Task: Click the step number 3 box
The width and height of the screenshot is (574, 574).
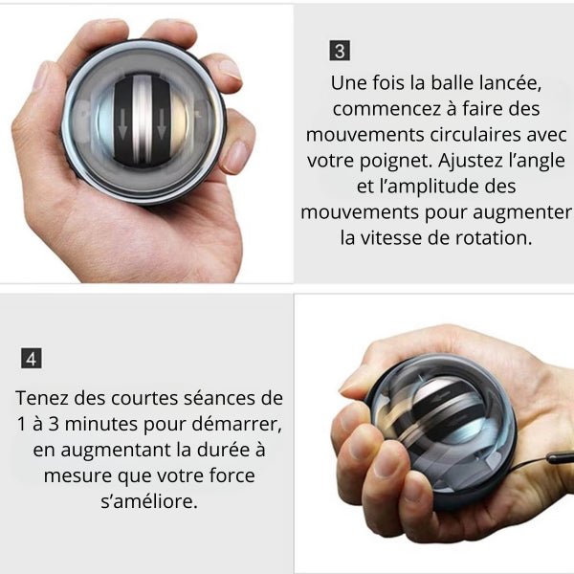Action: click(x=340, y=51)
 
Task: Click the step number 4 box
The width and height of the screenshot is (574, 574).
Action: click(x=32, y=359)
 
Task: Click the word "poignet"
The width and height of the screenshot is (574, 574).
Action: click(x=396, y=161)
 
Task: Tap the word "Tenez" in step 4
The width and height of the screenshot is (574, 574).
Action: click(x=42, y=398)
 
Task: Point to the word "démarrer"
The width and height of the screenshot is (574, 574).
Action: click(x=237, y=424)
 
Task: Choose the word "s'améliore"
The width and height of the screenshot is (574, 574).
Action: click(x=149, y=501)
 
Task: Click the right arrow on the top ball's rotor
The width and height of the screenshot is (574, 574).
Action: click(x=161, y=124)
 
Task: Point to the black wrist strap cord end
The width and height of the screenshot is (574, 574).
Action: click(x=560, y=458)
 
